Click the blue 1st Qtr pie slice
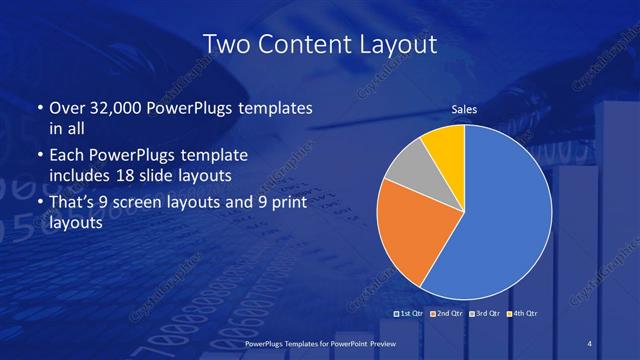point(500,220)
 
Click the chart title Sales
point(464,109)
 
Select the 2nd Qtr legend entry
point(447,313)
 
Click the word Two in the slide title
point(224,44)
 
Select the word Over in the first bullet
point(67,108)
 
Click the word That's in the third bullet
point(73,203)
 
